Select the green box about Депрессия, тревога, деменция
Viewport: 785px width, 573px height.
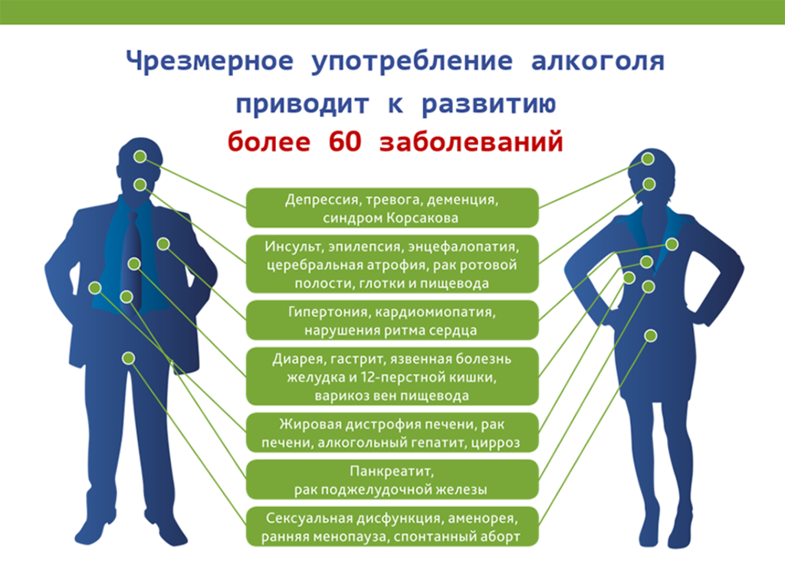(x=392, y=208)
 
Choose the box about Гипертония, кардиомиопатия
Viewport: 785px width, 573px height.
(x=392, y=322)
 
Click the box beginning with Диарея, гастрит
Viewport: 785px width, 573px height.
(x=392, y=377)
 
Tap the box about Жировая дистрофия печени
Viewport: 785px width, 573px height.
(x=392, y=434)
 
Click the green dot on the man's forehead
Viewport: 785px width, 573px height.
(x=140, y=156)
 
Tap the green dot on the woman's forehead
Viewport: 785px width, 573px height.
(x=649, y=159)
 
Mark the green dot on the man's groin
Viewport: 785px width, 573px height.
(x=129, y=358)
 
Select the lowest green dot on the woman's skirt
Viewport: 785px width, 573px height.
(x=651, y=336)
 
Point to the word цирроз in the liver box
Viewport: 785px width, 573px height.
(x=499, y=443)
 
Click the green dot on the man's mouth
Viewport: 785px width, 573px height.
(x=140, y=185)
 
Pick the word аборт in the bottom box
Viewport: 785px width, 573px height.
(x=501, y=536)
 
